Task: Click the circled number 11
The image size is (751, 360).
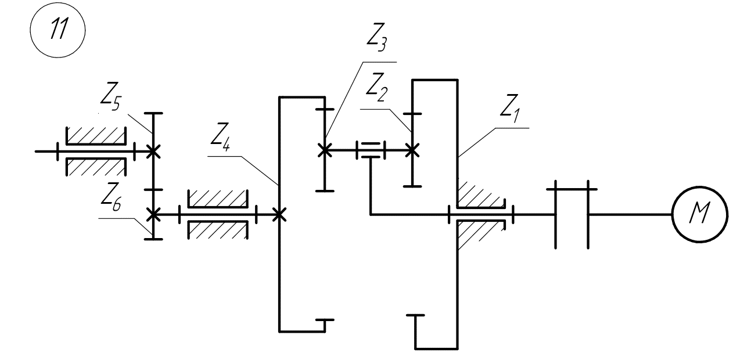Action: pos(58,30)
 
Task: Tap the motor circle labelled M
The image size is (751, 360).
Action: pos(700,214)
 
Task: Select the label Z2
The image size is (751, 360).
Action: pos(377,87)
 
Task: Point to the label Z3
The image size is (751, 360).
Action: pos(377,37)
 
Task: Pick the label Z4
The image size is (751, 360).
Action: pos(220,137)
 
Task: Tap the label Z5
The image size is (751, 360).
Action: pos(110,96)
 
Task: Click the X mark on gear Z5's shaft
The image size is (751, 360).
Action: pos(153,152)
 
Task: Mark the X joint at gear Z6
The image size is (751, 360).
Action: pos(153,214)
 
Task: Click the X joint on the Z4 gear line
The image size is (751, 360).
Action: pos(279,214)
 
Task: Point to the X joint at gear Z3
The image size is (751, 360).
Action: pos(325,150)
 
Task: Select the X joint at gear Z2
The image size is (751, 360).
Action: pos(412,150)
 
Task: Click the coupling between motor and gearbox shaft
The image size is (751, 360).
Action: pos(572,214)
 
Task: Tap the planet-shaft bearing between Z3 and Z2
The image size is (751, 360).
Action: pos(371,150)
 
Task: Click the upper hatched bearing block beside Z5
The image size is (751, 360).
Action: pos(96,136)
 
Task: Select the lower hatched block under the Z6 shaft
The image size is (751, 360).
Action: pos(218,229)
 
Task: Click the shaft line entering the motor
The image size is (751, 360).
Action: pos(630,214)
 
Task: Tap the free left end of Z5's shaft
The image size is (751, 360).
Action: pos(35,152)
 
